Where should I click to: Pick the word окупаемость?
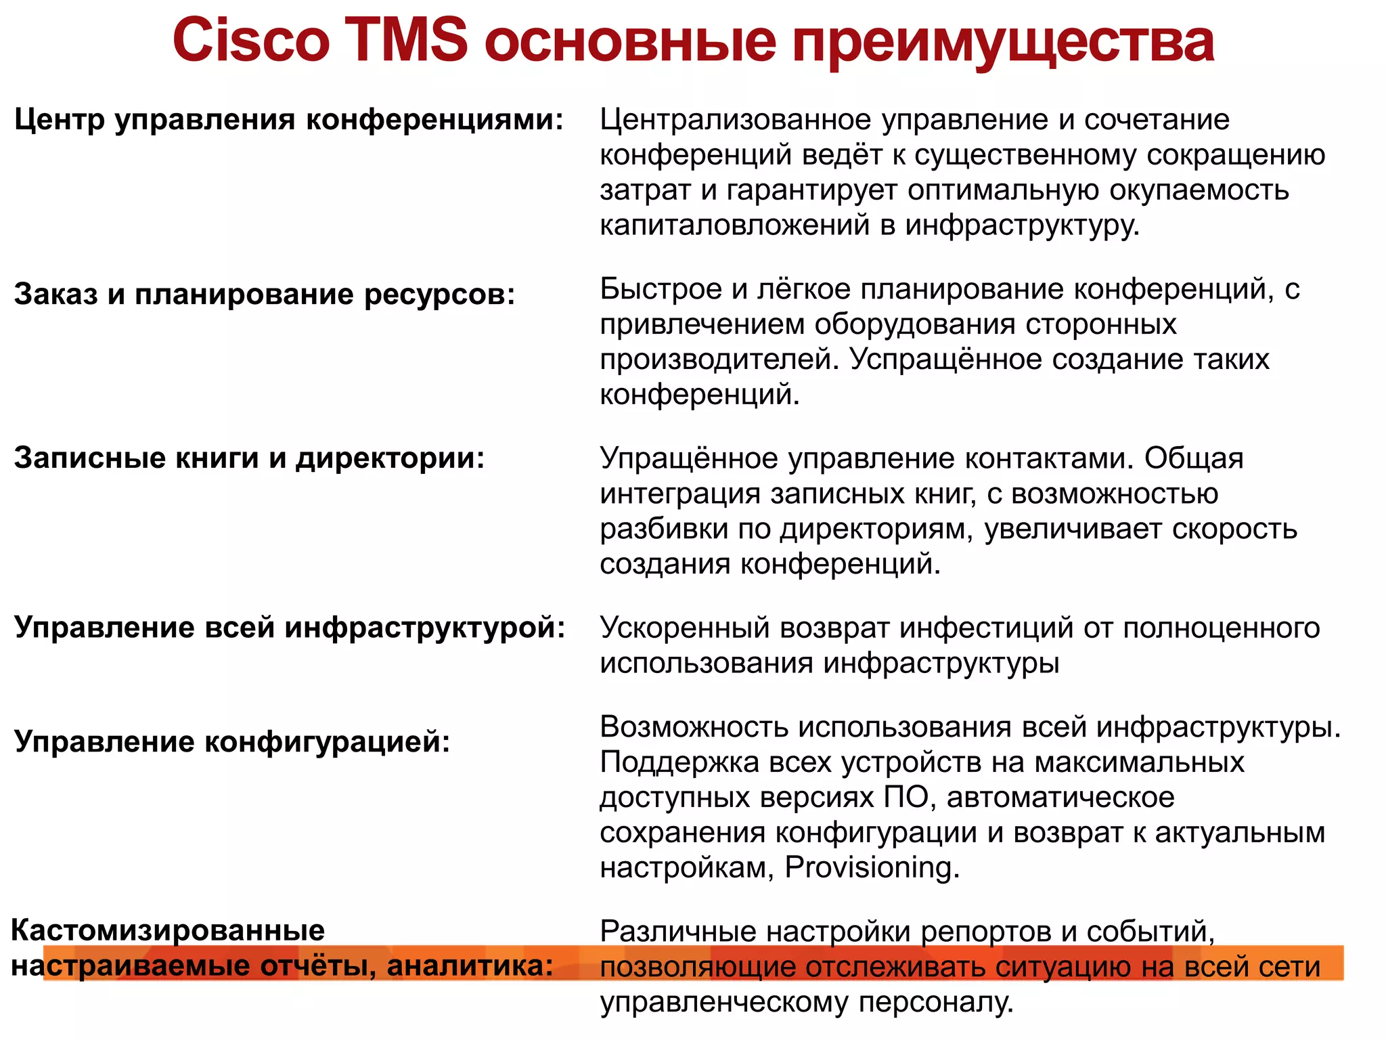(x=1199, y=191)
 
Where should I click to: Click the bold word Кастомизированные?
(x=168, y=930)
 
